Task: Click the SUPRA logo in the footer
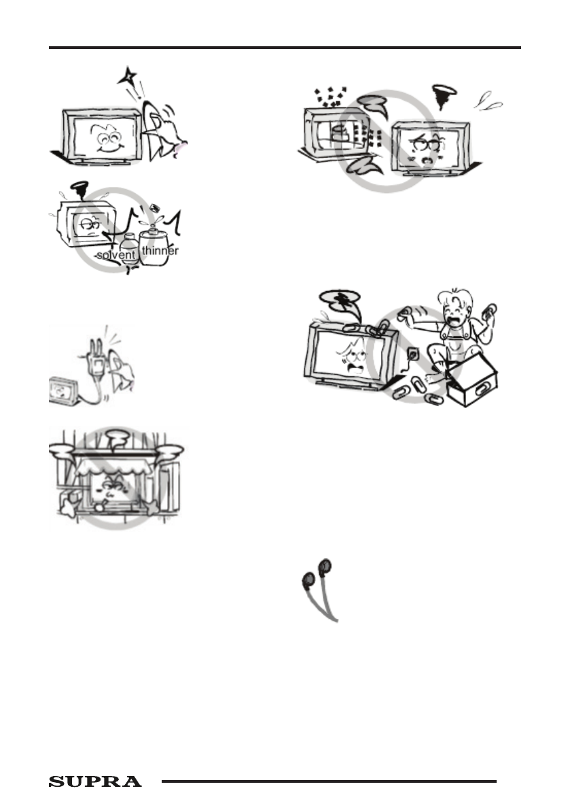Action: [x=95, y=782]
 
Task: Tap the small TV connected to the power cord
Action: [x=65, y=392]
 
